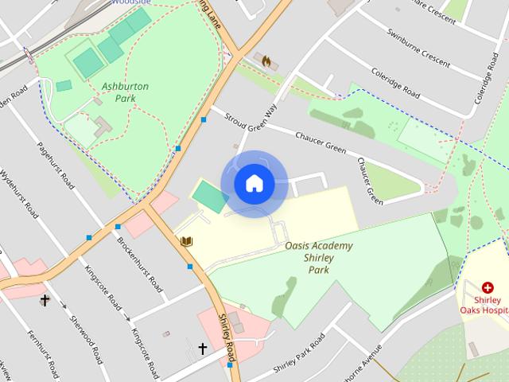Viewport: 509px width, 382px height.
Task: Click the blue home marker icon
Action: [x=254, y=184]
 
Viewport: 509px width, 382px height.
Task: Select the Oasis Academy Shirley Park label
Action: [x=318, y=257]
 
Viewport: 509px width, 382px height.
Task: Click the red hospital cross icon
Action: [x=488, y=287]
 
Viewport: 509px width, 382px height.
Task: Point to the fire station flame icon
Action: [x=266, y=60]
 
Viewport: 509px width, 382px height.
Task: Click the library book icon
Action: [x=186, y=241]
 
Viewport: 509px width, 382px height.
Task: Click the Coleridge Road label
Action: [x=396, y=82]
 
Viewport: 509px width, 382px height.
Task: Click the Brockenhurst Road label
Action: [x=140, y=264]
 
